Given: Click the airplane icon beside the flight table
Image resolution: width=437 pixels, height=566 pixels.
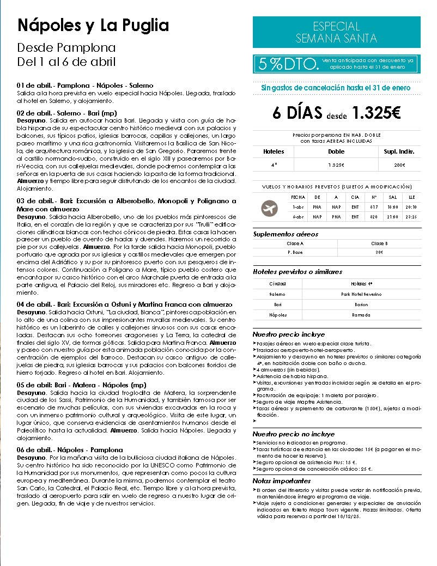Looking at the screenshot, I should (x=270, y=207).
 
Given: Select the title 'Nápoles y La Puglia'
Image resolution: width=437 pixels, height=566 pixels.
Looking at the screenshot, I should (x=93, y=25).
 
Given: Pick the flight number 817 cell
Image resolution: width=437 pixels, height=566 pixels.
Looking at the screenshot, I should (x=374, y=207).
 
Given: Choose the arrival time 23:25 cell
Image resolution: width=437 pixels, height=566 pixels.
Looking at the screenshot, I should (x=411, y=216).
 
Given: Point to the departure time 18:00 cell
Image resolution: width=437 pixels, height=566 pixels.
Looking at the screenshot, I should (x=393, y=207).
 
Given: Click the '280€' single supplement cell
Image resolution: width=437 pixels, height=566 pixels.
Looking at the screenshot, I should (x=399, y=165).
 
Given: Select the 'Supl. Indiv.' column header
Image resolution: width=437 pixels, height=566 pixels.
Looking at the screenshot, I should (x=399, y=151).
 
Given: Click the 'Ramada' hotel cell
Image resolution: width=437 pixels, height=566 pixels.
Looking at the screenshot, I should (x=361, y=315).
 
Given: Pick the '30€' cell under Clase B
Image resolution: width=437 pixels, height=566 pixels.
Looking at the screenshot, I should (x=379, y=252).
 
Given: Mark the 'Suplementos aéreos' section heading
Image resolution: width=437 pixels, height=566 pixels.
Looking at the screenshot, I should (x=286, y=234).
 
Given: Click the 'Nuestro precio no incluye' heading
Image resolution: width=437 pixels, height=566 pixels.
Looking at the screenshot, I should (x=293, y=434).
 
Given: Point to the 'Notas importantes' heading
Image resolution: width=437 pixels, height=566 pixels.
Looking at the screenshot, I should (x=282, y=481).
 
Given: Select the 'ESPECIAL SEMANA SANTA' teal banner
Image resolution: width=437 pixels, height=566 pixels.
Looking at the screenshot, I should (x=336, y=32).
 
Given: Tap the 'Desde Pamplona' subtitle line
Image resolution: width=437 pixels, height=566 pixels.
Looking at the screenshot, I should (x=66, y=47).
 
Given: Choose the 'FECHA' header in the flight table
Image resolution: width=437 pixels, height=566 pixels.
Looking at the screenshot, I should (x=299, y=197).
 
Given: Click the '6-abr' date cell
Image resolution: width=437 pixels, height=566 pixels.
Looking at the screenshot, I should (x=299, y=216).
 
